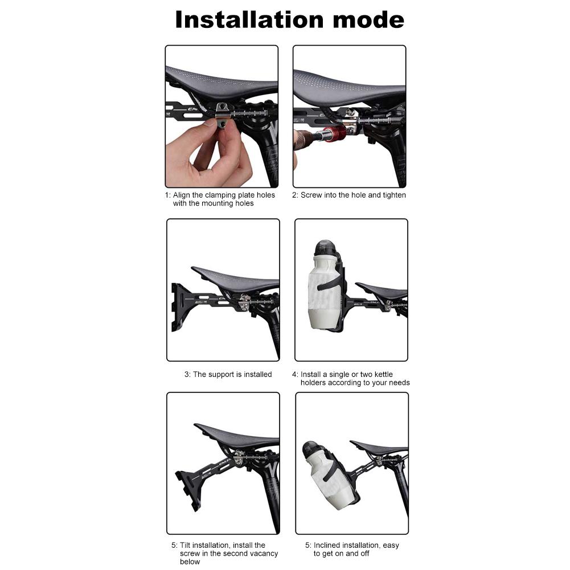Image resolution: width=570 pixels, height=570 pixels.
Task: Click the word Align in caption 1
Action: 183,195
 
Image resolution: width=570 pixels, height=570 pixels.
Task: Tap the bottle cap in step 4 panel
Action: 323,249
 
